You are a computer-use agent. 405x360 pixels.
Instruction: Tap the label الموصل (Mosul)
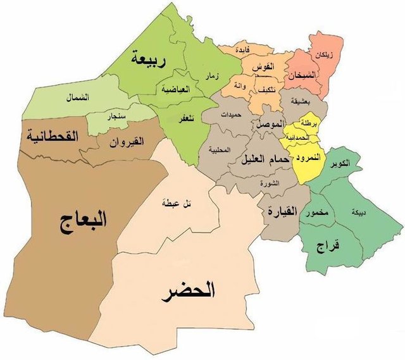[x=268, y=125]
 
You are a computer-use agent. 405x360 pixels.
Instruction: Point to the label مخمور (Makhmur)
[x=316, y=214]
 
